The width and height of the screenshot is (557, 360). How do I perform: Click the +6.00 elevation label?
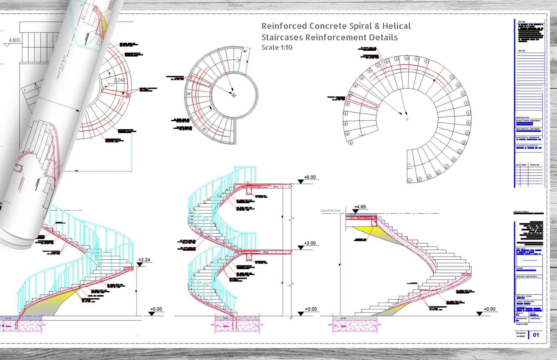click(310, 177)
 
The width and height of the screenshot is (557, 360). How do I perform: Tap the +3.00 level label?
click(310, 243)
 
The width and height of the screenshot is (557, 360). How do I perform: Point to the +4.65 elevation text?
click(360, 207)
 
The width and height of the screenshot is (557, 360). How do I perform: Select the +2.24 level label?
click(144, 260)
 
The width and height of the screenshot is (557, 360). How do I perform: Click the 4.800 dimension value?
click(14, 40)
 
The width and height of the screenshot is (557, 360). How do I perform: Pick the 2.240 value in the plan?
click(119, 80)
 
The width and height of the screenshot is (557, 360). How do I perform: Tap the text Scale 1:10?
click(277, 48)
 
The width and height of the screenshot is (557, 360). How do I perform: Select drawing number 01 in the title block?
click(536, 335)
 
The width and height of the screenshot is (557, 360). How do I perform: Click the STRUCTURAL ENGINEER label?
click(528, 121)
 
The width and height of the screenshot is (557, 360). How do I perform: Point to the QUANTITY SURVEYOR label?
click(527, 146)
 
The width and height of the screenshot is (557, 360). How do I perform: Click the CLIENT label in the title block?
click(520, 268)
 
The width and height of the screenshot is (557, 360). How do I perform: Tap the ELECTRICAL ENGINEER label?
click(528, 138)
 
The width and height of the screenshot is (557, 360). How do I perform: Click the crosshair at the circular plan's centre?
click(234, 95)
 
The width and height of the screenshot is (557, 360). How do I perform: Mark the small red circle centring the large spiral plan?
click(407, 119)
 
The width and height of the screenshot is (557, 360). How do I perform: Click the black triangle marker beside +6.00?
click(301, 181)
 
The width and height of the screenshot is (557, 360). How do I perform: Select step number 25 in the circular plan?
click(204, 129)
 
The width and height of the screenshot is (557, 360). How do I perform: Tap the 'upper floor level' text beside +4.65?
click(330, 211)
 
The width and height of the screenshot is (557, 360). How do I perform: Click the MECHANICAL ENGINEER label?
click(528, 129)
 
